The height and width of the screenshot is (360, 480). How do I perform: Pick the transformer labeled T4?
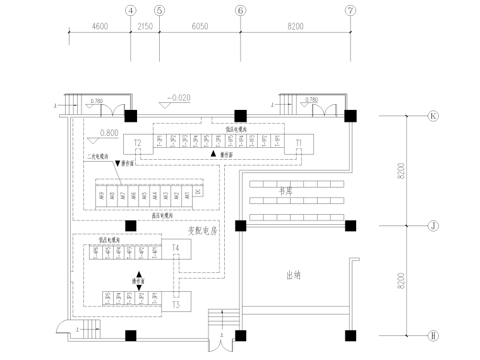point(176,249)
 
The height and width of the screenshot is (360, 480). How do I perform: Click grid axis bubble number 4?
point(131,11)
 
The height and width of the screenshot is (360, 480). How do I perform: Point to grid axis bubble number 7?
point(350,11)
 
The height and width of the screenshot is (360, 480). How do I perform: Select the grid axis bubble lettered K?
point(433,116)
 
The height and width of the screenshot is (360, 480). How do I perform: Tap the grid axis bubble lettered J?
point(433,225)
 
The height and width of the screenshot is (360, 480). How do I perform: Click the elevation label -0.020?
point(178,97)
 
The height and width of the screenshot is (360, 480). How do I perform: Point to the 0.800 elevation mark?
point(109,133)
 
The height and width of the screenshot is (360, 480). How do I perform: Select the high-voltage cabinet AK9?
point(101,196)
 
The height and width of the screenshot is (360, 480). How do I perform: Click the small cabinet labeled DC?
point(197,193)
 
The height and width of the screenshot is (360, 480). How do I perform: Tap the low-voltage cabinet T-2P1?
point(159,141)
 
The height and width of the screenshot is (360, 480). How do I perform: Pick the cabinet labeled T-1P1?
point(277,141)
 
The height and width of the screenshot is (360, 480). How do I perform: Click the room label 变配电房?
point(202,231)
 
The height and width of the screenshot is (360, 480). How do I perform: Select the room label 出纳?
point(293,275)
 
